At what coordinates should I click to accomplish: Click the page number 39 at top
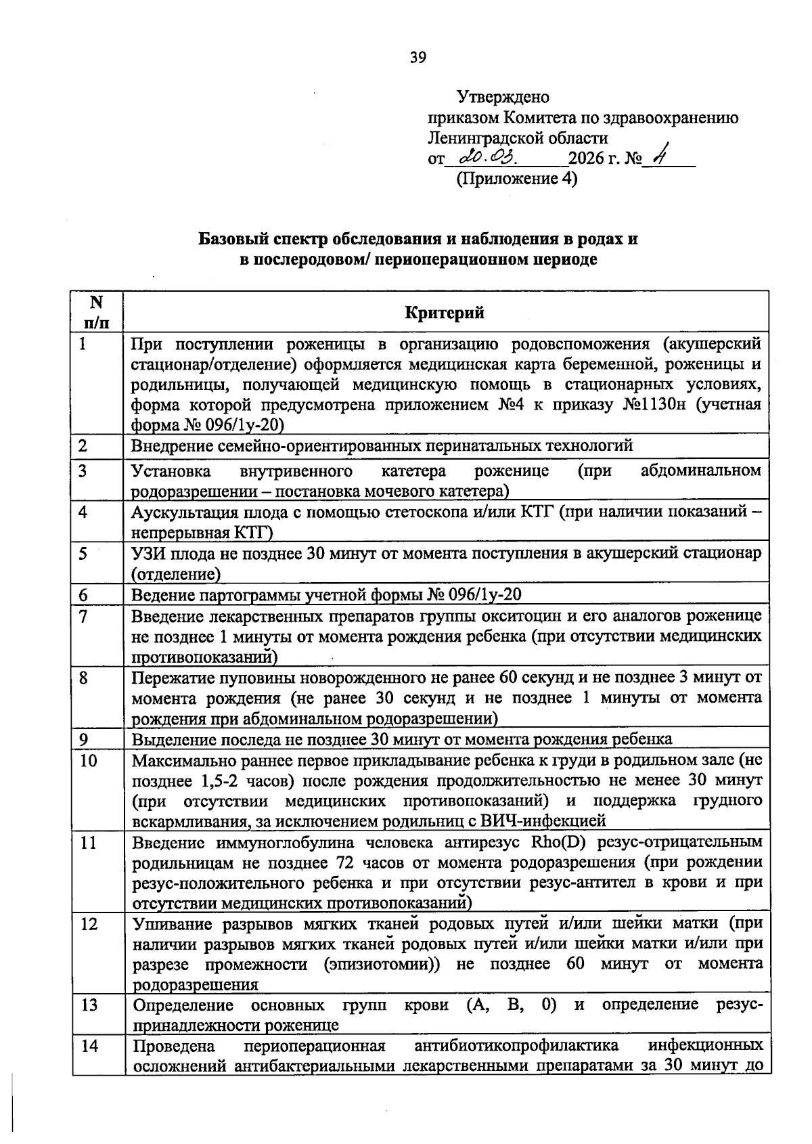point(418,58)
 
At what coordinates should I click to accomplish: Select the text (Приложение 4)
point(516,179)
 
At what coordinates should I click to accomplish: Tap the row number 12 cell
point(89,924)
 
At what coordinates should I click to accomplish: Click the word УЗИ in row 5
point(149,554)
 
